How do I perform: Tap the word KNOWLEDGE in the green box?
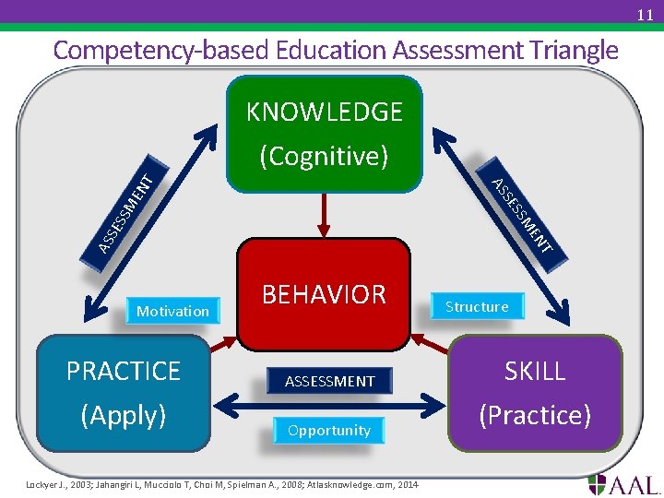(x=324, y=113)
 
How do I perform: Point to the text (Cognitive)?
(x=324, y=156)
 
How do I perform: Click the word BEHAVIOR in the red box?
(x=324, y=294)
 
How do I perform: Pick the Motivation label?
(x=172, y=311)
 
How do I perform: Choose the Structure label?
(x=477, y=306)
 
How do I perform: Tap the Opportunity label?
(x=328, y=431)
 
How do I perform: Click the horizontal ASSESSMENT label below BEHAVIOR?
(x=329, y=381)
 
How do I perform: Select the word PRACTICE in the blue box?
(x=124, y=371)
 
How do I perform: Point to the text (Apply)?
(x=124, y=415)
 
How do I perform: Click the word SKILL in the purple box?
(x=535, y=371)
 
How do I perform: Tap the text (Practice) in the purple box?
(x=535, y=415)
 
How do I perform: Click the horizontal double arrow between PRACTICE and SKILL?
(x=329, y=403)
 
